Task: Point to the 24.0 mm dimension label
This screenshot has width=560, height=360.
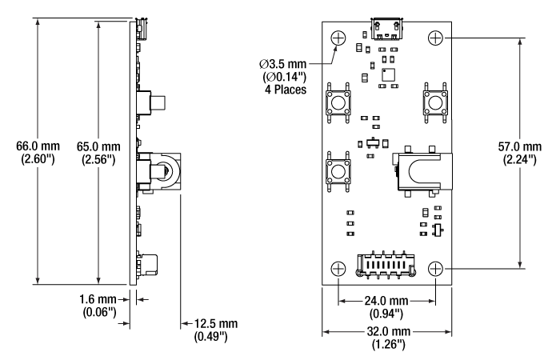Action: [387, 302]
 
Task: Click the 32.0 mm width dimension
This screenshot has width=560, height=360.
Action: [386, 331]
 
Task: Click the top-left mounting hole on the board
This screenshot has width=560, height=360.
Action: [338, 37]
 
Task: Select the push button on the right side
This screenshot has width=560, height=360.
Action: [435, 102]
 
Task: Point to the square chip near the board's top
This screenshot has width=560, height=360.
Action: [389, 73]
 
